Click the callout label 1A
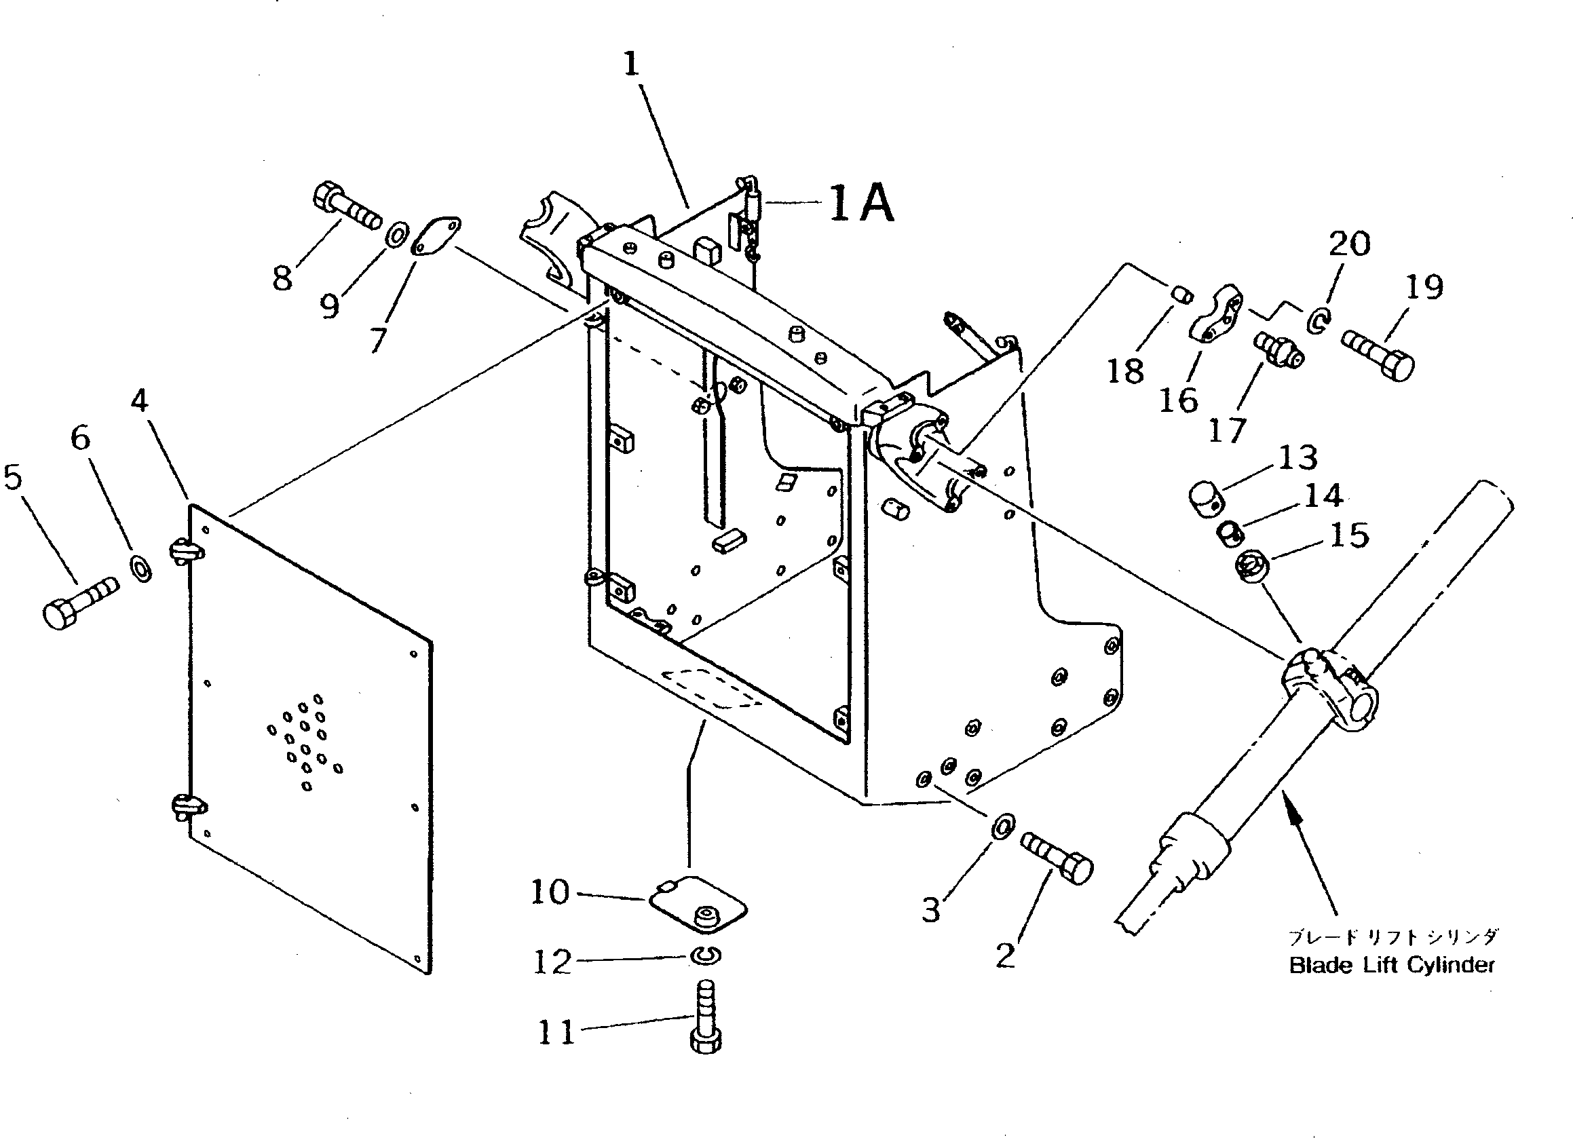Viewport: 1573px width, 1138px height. coord(860,203)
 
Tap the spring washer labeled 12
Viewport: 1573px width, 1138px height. coord(705,956)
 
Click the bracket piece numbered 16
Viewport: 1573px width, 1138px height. coord(1219,314)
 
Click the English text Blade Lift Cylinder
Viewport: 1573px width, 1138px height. coord(1391,965)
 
